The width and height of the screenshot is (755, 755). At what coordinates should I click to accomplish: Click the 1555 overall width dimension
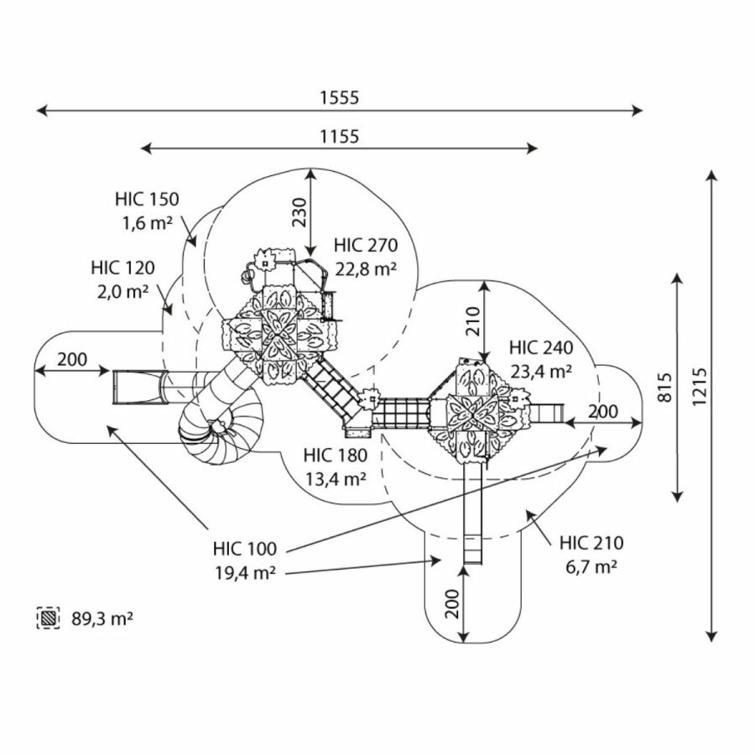coord(339,97)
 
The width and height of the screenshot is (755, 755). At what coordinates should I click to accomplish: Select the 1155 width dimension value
coord(339,136)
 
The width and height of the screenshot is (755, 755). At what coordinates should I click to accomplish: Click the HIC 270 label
coord(365,246)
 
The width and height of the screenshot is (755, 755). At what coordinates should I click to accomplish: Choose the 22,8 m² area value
coord(365,268)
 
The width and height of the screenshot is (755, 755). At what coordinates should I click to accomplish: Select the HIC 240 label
coord(540,348)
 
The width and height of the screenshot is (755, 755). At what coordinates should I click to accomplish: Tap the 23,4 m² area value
coord(540,371)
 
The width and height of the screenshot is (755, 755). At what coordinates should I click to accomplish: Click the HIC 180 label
coord(336,456)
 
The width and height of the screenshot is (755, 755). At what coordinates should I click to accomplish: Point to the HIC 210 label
coord(591,544)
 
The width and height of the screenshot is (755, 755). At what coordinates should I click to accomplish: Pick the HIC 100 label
coord(245,549)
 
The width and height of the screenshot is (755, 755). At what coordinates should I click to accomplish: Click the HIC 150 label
coord(148,200)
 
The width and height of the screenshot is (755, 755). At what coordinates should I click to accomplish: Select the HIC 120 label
coord(123,268)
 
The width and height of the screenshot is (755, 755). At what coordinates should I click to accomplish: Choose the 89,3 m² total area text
coord(102,619)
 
